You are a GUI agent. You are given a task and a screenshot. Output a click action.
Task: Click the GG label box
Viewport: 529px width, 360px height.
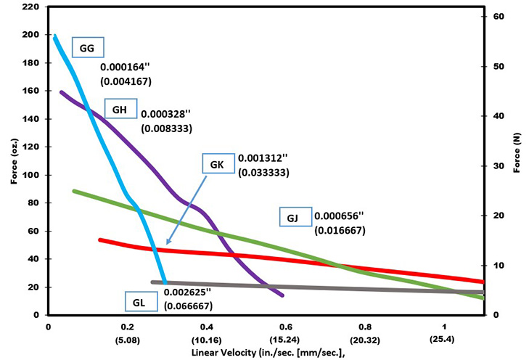click(88, 49)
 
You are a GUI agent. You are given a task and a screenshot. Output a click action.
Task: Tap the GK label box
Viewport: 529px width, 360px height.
click(217, 164)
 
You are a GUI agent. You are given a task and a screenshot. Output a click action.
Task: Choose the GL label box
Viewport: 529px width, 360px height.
click(139, 300)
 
